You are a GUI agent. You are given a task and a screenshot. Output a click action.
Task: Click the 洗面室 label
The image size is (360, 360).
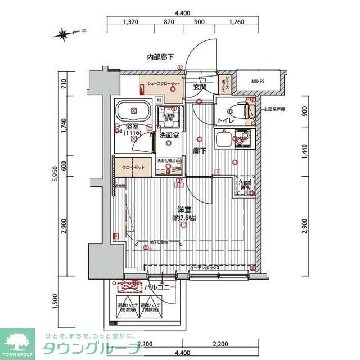[168, 136]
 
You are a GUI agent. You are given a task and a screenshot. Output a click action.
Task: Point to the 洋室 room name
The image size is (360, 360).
[183, 209]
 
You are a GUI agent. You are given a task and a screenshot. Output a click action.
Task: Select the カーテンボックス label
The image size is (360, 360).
[204, 268]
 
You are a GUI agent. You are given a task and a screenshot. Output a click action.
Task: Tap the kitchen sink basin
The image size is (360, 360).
[224, 140]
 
